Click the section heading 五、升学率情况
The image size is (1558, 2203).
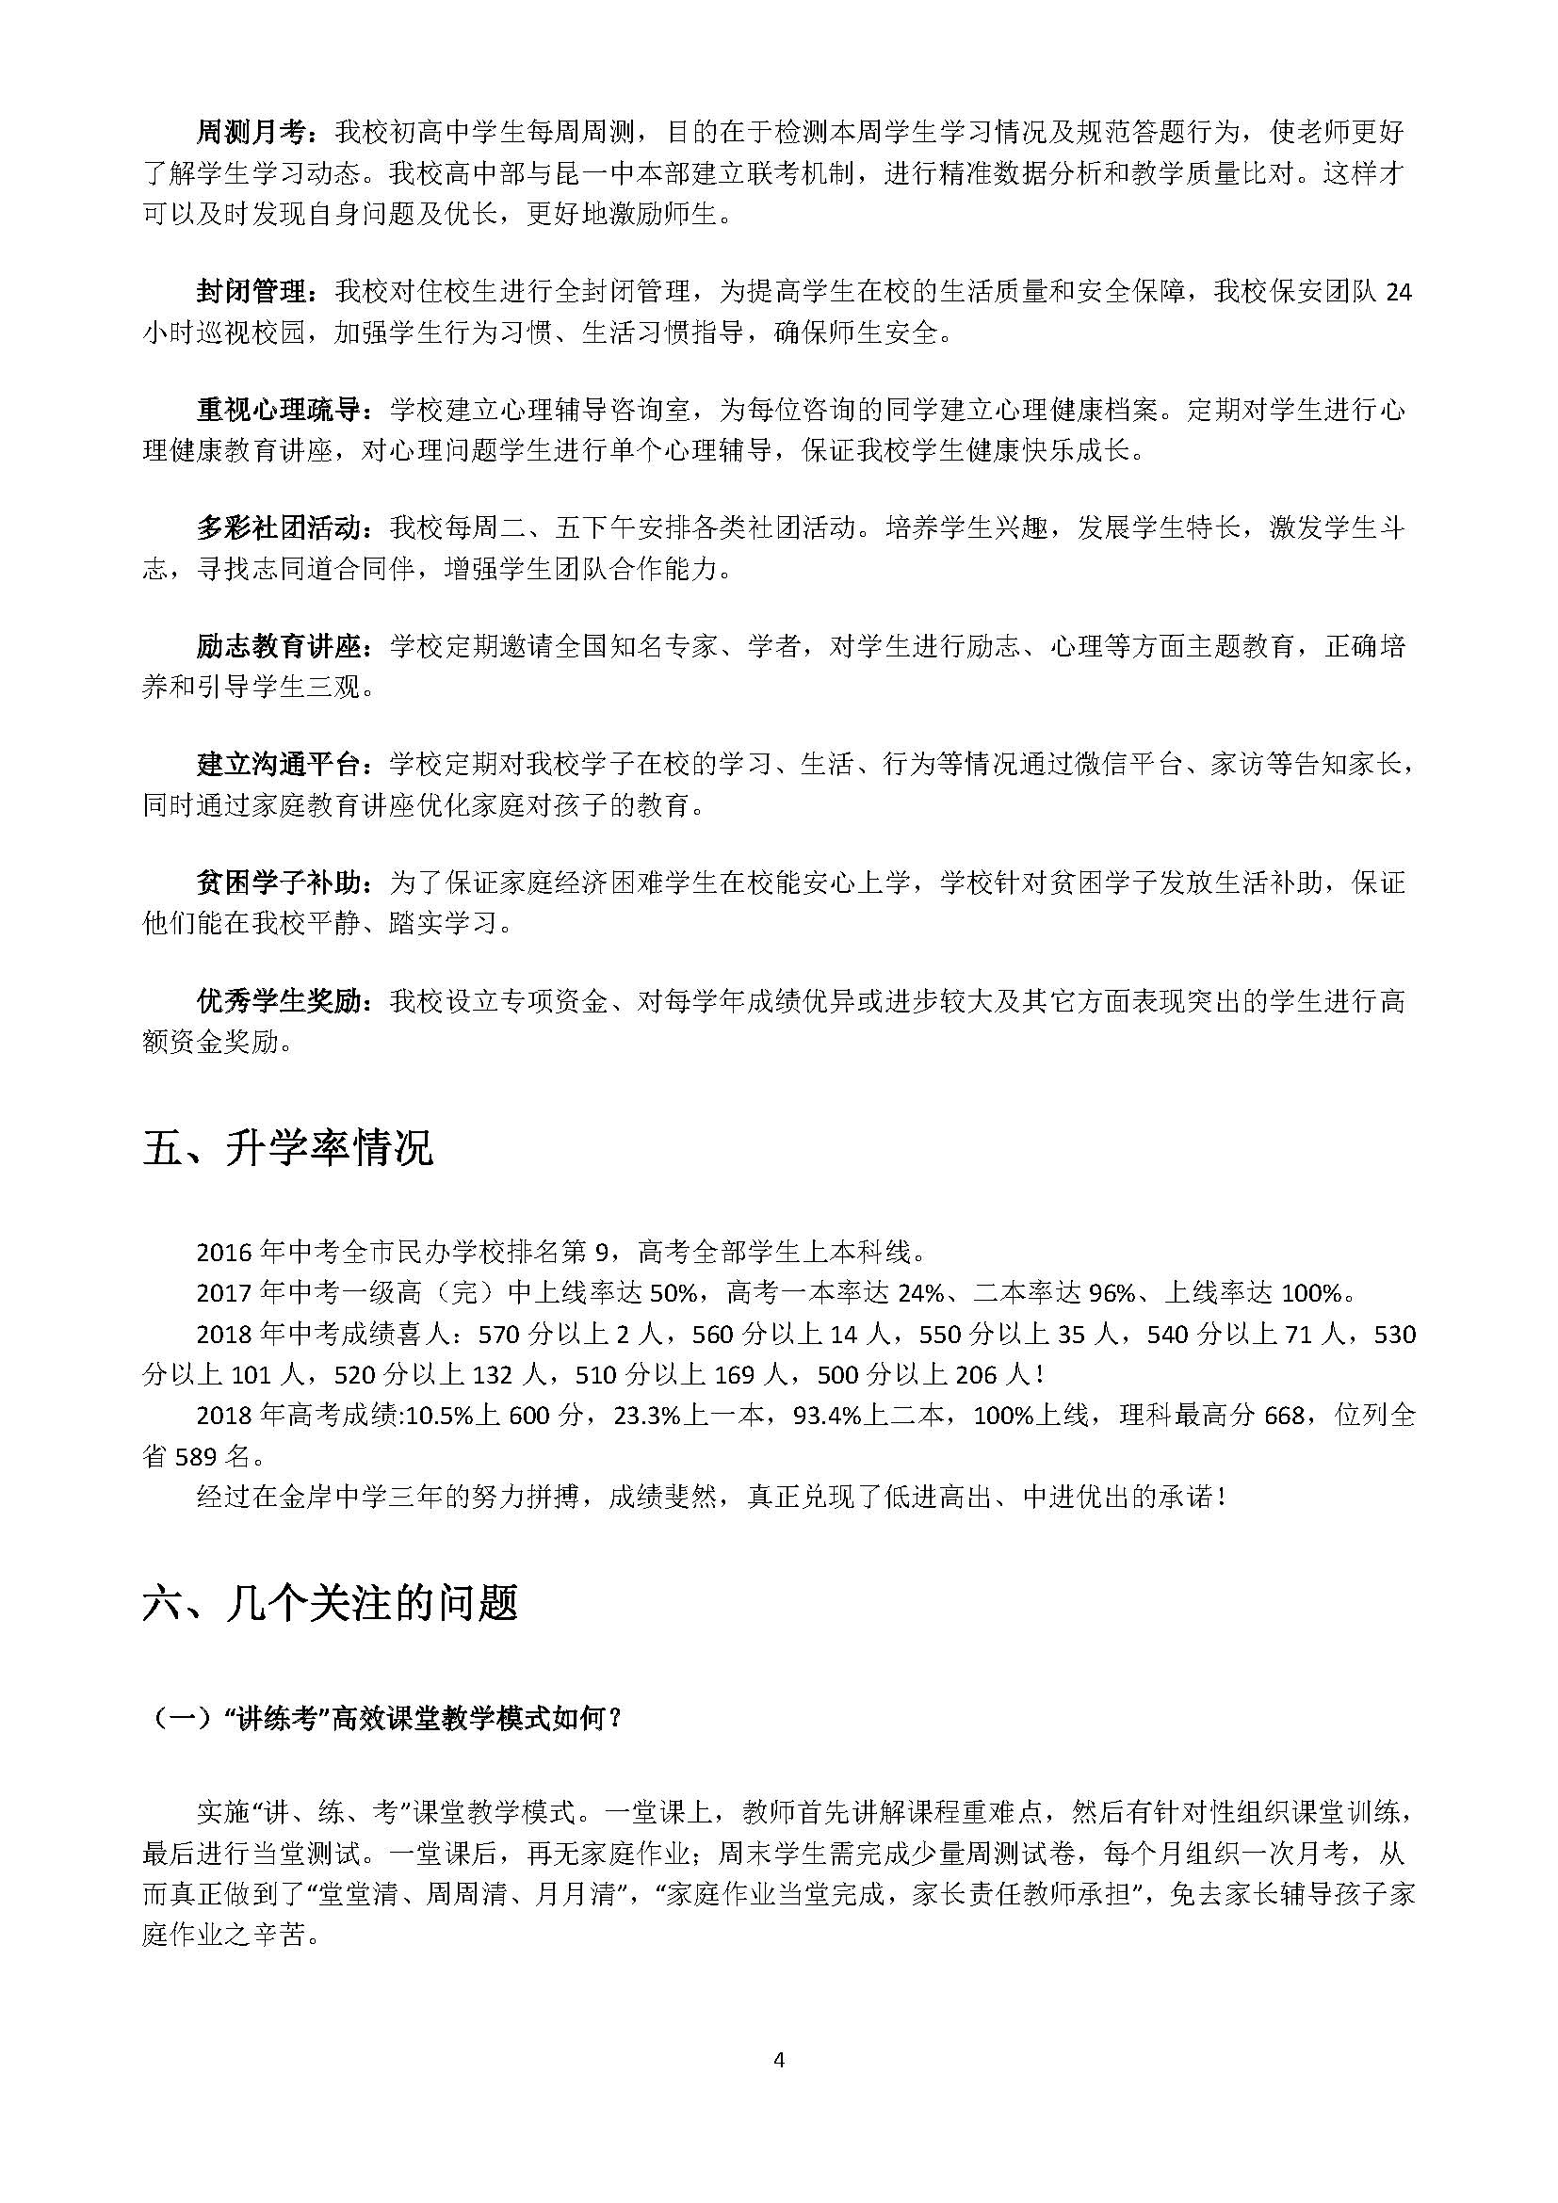[x=288, y=1147]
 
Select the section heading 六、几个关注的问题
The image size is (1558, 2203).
[x=330, y=1603]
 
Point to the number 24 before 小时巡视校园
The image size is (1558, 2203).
[x=1400, y=293]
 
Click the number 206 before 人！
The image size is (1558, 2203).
[x=976, y=1375]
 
